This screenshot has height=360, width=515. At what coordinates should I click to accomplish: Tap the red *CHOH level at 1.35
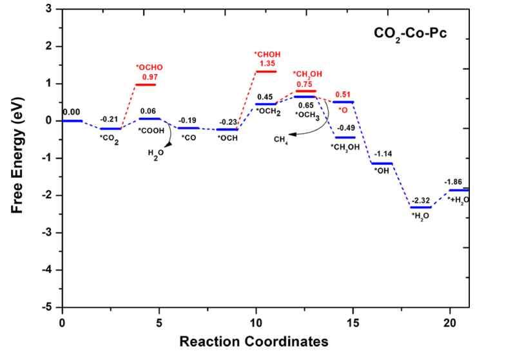point(266,71)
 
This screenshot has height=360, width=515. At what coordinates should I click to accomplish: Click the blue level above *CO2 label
point(111,129)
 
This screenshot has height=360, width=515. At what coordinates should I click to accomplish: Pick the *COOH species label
point(151,130)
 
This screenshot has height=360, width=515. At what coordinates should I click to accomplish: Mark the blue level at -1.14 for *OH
point(382,164)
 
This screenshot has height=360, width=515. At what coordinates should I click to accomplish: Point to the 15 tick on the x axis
point(353,321)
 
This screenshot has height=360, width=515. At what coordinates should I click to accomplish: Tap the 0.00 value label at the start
point(72,112)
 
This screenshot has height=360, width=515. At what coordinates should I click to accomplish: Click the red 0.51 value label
point(343,94)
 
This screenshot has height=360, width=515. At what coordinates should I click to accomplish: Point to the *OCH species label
point(227,138)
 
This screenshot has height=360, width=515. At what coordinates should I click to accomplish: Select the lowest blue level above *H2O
point(421,207)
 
